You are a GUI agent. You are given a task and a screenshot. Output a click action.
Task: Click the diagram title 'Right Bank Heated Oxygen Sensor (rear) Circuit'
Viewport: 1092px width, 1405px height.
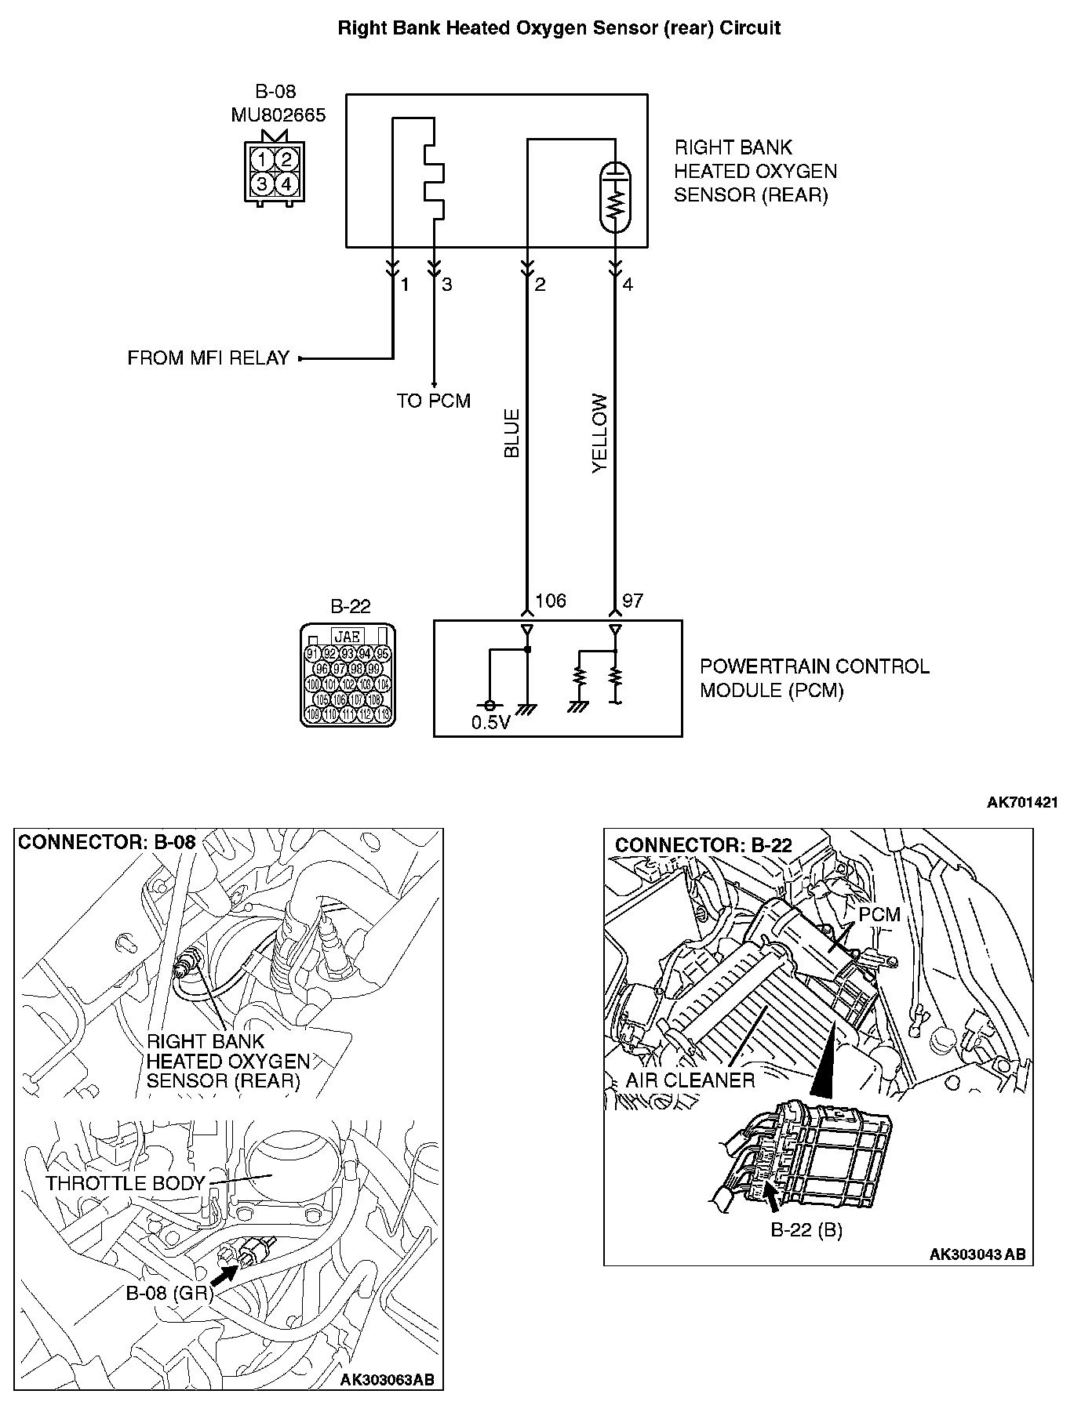coord(559,29)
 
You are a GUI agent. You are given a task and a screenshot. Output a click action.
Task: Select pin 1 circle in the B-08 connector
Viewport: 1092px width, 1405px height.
coord(263,160)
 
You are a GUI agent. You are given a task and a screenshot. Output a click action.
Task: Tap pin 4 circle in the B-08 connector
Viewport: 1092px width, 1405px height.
coord(286,184)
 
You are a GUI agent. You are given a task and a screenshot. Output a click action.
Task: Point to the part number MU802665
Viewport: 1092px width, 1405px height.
coord(278,114)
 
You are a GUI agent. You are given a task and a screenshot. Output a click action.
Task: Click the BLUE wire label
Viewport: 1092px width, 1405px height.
coord(511,433)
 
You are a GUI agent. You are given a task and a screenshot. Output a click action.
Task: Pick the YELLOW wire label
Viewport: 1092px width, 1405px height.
coord(600,433)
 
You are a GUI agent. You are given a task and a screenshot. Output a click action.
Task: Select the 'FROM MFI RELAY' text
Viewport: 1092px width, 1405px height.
coord(209,358)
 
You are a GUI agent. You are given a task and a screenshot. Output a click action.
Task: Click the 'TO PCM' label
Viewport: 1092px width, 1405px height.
coord(433,401)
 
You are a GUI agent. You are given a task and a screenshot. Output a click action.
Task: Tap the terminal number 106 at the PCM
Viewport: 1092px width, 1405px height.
coord(550,601)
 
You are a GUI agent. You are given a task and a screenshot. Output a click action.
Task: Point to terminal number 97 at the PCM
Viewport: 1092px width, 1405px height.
coord(632,601)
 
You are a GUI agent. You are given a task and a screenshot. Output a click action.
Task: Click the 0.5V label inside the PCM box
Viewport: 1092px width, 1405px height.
coord(490,723)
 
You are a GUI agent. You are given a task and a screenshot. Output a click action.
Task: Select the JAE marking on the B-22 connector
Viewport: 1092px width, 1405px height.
coord(348,637)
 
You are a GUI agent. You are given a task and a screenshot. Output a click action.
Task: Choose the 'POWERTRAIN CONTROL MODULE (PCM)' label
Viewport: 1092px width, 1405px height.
coord(814,678)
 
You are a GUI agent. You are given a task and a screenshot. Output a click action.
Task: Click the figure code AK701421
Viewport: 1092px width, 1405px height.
coord(1022,802)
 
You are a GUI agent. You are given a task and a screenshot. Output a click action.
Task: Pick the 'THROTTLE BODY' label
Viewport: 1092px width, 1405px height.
coord(125,1183)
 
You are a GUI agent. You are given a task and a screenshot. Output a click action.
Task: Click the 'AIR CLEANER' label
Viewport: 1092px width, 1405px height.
coord(690,1080)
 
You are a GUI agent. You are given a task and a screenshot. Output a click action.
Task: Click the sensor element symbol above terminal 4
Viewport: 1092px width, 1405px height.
coord(616,197)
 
